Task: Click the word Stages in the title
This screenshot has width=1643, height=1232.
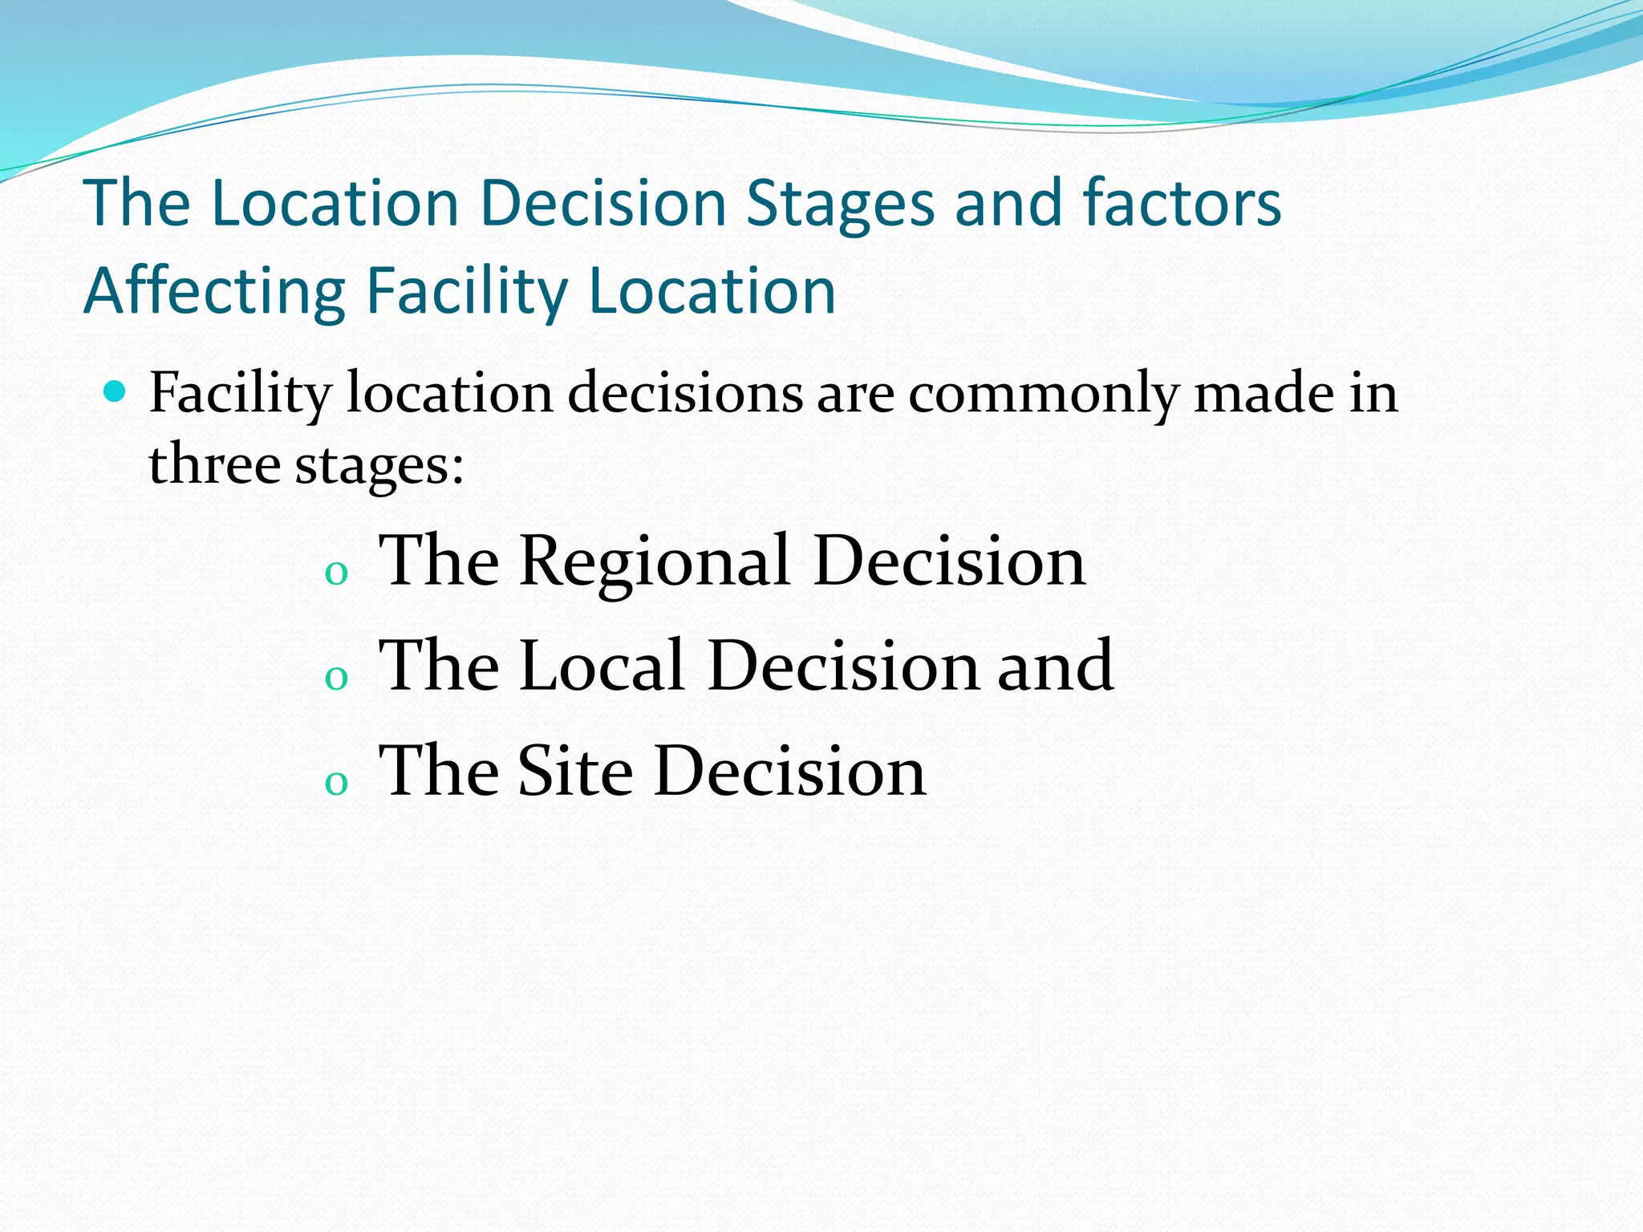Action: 840,204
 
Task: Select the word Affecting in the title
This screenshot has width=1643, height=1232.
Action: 214,292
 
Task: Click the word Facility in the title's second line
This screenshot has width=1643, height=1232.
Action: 467,292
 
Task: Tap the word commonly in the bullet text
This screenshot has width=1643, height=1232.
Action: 1044,395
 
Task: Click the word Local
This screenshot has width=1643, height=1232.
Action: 602,666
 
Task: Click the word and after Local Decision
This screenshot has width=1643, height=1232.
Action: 1055,666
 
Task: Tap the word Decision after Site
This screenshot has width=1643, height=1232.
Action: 790,771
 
